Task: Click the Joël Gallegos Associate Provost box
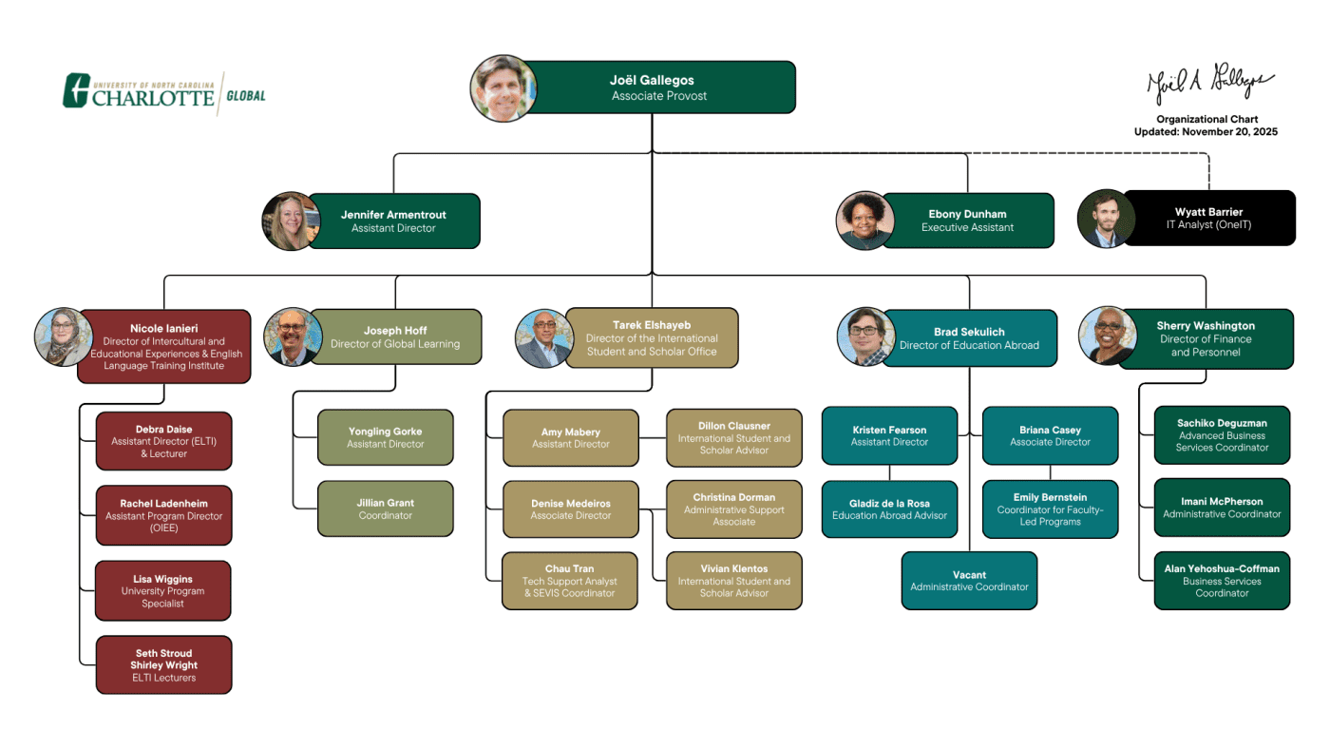click(x=658, y=87)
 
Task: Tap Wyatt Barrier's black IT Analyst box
click(x=1208, y=218)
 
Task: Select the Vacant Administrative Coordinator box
click(x=969, y=581)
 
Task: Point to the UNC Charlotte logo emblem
click(x=76, y=90)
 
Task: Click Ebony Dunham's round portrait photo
click(x=864, y=221)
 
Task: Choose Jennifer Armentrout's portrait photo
click(x=290, y=221)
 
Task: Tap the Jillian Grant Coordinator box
click(x=386, y=509)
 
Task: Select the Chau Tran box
click(x=570, y=581)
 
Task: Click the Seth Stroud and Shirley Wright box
click(x=163, y=664)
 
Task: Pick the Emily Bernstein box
click(x=1050, y=509)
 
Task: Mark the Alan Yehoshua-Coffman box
click(x=1222, y=581)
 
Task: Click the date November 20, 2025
click(x=1230, y=132)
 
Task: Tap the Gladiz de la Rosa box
click(x=889, y=509)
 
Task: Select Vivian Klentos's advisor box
click(x=733, y=581)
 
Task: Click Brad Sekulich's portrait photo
click(x=865, y=336)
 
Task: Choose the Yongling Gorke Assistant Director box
click(x=386, y=437)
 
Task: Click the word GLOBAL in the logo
click(x=246, y=96)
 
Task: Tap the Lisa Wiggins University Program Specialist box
click(x=163, y=590)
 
